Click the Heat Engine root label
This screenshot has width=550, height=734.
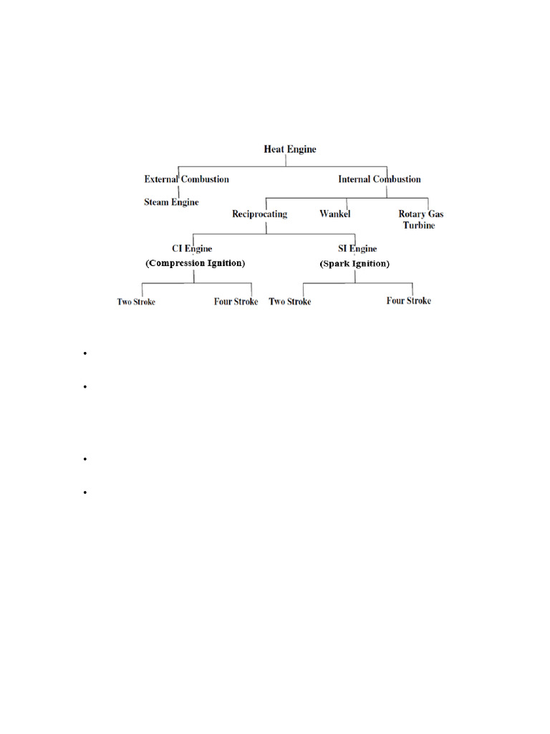(290, 150)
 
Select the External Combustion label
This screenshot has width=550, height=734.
(186, 179)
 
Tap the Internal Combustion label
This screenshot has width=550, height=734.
(380, 179)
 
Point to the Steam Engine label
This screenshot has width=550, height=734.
(172, 202)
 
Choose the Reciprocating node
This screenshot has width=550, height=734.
(259, 214)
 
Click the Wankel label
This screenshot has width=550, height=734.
(334, 214)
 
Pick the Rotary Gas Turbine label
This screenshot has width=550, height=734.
(420, 219)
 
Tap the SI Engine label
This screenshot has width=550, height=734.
(357, 249)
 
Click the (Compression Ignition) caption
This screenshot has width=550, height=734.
(195, 263)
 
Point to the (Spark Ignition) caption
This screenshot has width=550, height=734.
(354, 264)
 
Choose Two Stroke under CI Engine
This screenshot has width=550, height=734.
(136, 302)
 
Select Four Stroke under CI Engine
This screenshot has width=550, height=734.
(236, 302)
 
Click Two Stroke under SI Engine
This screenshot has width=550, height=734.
(290, 302)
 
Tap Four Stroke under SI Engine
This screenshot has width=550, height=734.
(409, 301)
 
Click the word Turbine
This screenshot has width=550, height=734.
(419, 225)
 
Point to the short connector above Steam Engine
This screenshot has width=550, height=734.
(178, 191)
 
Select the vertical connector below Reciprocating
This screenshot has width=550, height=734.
(266, 227)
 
